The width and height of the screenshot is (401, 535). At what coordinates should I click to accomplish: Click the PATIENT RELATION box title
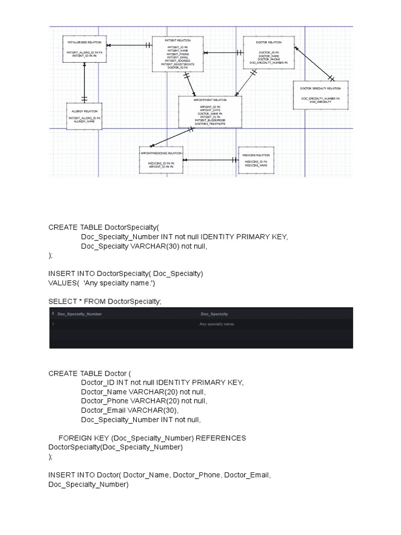(x=178, y=40)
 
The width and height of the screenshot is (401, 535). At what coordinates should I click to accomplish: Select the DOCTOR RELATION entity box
(x=268, y=53)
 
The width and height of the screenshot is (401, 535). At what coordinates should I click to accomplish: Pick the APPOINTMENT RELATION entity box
(x=210, y=112)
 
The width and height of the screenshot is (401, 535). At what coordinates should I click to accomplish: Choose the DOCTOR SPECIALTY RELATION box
(x=320, y=95)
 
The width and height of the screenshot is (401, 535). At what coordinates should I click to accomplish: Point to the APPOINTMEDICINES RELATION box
(x=161, y=159)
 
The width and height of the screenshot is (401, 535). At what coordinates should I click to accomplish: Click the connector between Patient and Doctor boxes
(x=223, y=53)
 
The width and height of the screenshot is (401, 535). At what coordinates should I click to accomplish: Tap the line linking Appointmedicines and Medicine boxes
(x=210, y=159)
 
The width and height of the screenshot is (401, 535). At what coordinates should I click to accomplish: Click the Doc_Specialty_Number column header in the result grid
(x=79, y=314)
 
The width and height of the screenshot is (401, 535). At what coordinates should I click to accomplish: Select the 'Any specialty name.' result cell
(x=217, y=324)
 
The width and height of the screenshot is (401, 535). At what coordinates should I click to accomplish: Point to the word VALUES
(x=62, y=283)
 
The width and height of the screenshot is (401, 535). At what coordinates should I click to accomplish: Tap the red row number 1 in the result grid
(x=53, y=324)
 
